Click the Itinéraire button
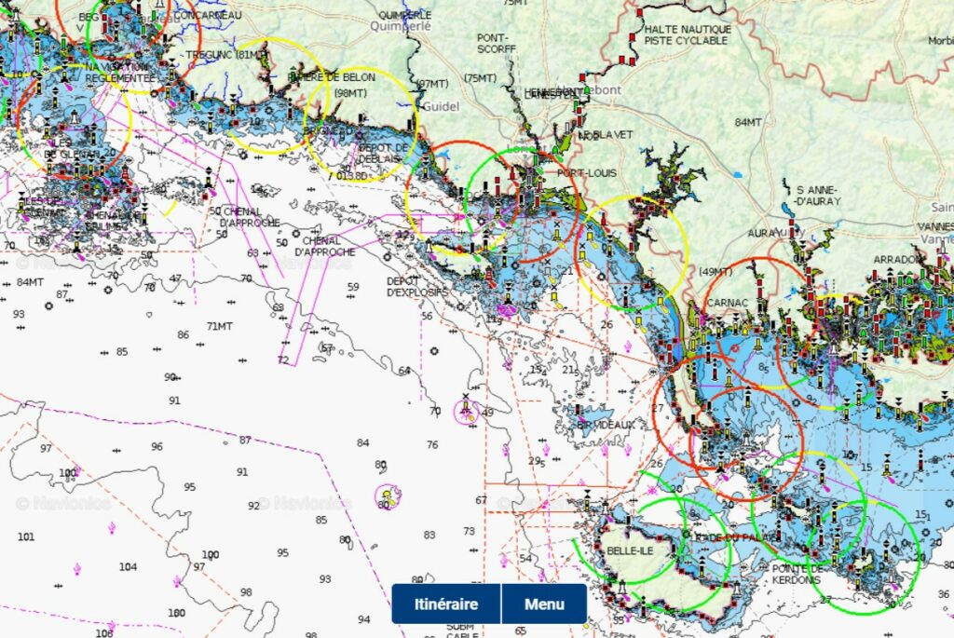point(445,604)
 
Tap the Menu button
point(544,604)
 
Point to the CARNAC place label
point(728,304)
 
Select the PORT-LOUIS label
point(583,173)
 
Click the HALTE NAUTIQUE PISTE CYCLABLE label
point(687,35)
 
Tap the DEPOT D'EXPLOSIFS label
point(417,287)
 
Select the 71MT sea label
point(220,326)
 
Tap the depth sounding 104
point(128,566)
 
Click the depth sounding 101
point(26,536)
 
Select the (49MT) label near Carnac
point(715,271)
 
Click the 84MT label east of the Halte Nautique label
point(748,122)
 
